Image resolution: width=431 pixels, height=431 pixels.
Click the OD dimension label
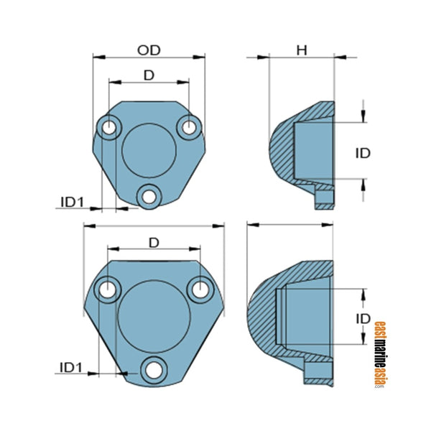149,50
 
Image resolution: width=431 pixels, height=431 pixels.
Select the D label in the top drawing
149,75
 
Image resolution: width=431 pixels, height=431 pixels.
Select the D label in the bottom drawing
153,243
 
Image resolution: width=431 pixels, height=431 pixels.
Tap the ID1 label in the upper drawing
72,202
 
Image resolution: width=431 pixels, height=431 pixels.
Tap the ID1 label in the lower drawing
72,368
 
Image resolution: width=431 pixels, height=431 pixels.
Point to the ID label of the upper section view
363,153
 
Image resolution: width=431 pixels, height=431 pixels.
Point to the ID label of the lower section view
363,318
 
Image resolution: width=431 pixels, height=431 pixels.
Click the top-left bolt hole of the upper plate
110,127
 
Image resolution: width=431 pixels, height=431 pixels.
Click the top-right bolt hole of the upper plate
189,126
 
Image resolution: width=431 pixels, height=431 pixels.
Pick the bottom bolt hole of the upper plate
149,194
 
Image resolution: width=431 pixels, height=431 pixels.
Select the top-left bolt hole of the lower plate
108,290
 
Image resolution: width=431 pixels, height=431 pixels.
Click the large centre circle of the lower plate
153,316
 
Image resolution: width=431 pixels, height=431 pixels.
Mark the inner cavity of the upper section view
312,151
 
